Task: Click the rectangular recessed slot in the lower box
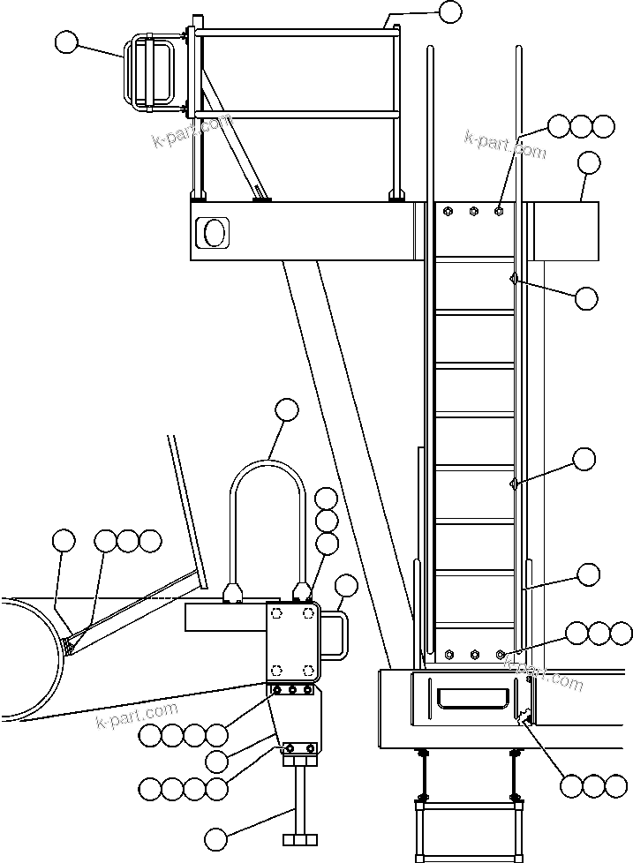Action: coord(473,699)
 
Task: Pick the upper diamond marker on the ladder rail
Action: coord(513,280)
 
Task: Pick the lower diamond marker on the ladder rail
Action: coord(514,482)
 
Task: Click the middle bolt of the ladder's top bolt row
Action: coord(474,212)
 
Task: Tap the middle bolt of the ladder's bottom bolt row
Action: coord(475,655)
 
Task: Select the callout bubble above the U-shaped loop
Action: coord(287,409)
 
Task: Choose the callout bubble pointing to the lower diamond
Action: coord(584,459)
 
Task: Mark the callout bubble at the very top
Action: coord(450,11)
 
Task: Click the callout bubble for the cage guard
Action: coord(66,41)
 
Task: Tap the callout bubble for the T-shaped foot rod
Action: coord(215,837)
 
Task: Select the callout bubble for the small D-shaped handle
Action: coord(347,585)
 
